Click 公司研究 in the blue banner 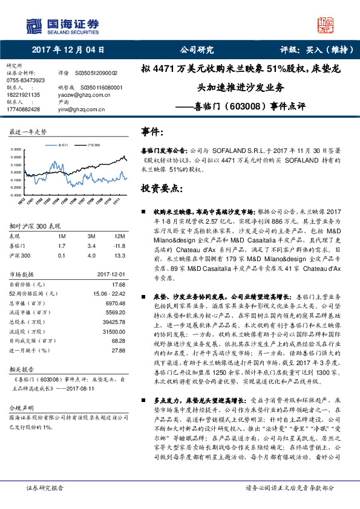tap(197, 50)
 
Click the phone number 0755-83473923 tap(25, 80)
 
